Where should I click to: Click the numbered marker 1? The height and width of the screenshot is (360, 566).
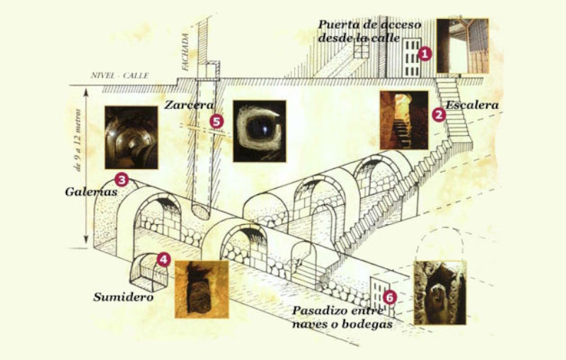click(424, 54)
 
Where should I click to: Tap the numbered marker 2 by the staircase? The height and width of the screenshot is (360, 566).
click(439, 115)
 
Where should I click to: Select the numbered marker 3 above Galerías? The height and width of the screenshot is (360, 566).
click(121, 179)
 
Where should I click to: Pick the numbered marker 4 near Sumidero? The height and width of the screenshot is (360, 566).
click(163, 259)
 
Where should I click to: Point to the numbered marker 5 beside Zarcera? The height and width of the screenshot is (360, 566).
click(216, 122)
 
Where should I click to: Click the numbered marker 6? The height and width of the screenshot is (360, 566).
click(390, 298)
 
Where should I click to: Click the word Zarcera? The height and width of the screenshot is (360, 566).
click(189, 105)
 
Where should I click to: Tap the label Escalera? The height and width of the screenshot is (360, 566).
click(472, 105)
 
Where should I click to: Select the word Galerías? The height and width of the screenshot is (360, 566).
click(91, 192)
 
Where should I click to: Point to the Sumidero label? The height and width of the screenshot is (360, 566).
click(123, 297)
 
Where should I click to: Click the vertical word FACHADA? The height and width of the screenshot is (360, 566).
click(185, 52)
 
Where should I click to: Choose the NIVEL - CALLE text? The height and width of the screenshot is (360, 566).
click(120, 76)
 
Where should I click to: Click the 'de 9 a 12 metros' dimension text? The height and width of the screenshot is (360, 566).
click(78, 140)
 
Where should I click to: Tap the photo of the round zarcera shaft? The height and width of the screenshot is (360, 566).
click(260, 132)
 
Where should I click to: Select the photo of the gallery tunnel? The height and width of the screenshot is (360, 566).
click(132, 137)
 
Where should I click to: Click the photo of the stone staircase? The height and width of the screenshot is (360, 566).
click(404, 120)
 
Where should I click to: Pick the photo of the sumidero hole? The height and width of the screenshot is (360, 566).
click(202, 289)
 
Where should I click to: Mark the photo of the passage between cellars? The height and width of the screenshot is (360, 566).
click(440, 293)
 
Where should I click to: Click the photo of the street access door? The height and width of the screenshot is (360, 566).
click(463, 46)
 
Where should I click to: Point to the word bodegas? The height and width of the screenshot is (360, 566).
click(367, 325)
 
